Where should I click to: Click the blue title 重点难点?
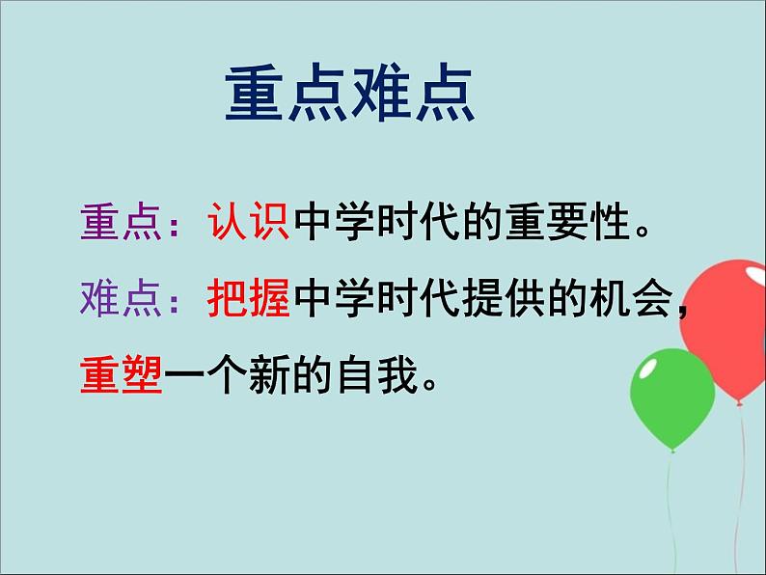(x=350, y=94)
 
